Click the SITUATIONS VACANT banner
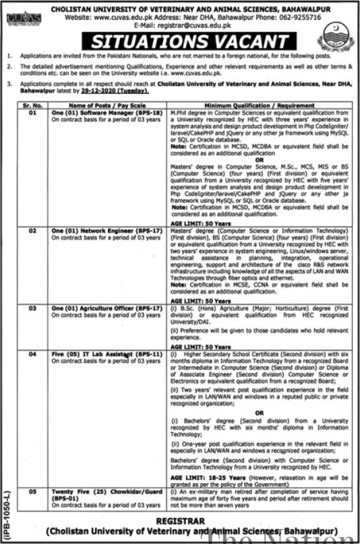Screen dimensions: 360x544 [189, 42]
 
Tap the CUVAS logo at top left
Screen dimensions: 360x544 [24, 18]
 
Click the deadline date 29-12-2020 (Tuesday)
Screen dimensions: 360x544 [122, 95]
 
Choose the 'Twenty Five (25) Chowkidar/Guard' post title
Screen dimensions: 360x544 [104, 492]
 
